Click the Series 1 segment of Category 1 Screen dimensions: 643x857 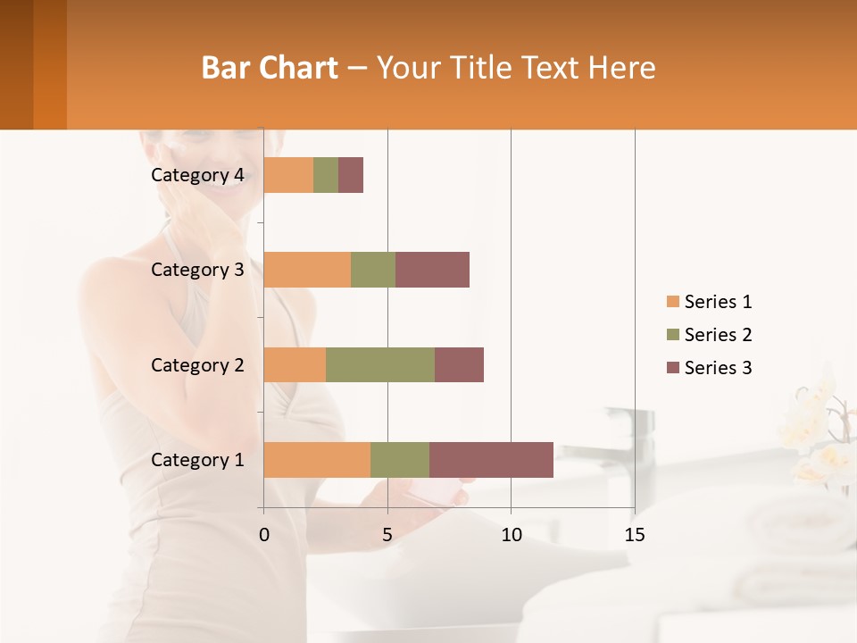(317, 459)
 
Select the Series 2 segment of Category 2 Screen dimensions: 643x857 (380, 364)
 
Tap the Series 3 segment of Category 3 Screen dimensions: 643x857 (432, 270)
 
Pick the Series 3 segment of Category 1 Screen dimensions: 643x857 (491, 459)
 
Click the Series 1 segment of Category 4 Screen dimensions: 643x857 (288, 175)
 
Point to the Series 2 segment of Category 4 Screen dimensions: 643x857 (326, 175)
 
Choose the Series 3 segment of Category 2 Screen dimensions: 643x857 (459, 364)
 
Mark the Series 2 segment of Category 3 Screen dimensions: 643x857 (373, 270)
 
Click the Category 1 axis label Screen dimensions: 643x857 (197, 460)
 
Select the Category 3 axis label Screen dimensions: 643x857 (197, 270)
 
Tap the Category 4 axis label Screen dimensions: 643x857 (197, 175)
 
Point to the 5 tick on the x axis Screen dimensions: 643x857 (387, 535)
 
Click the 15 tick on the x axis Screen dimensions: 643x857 (634, 535)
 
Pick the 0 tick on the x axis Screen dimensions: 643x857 (264, 535)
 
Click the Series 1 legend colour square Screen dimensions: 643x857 (672, 302)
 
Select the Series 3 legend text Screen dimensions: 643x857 (718, 368)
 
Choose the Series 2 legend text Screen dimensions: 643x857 (718, 335)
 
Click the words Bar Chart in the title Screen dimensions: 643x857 (270, 68)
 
